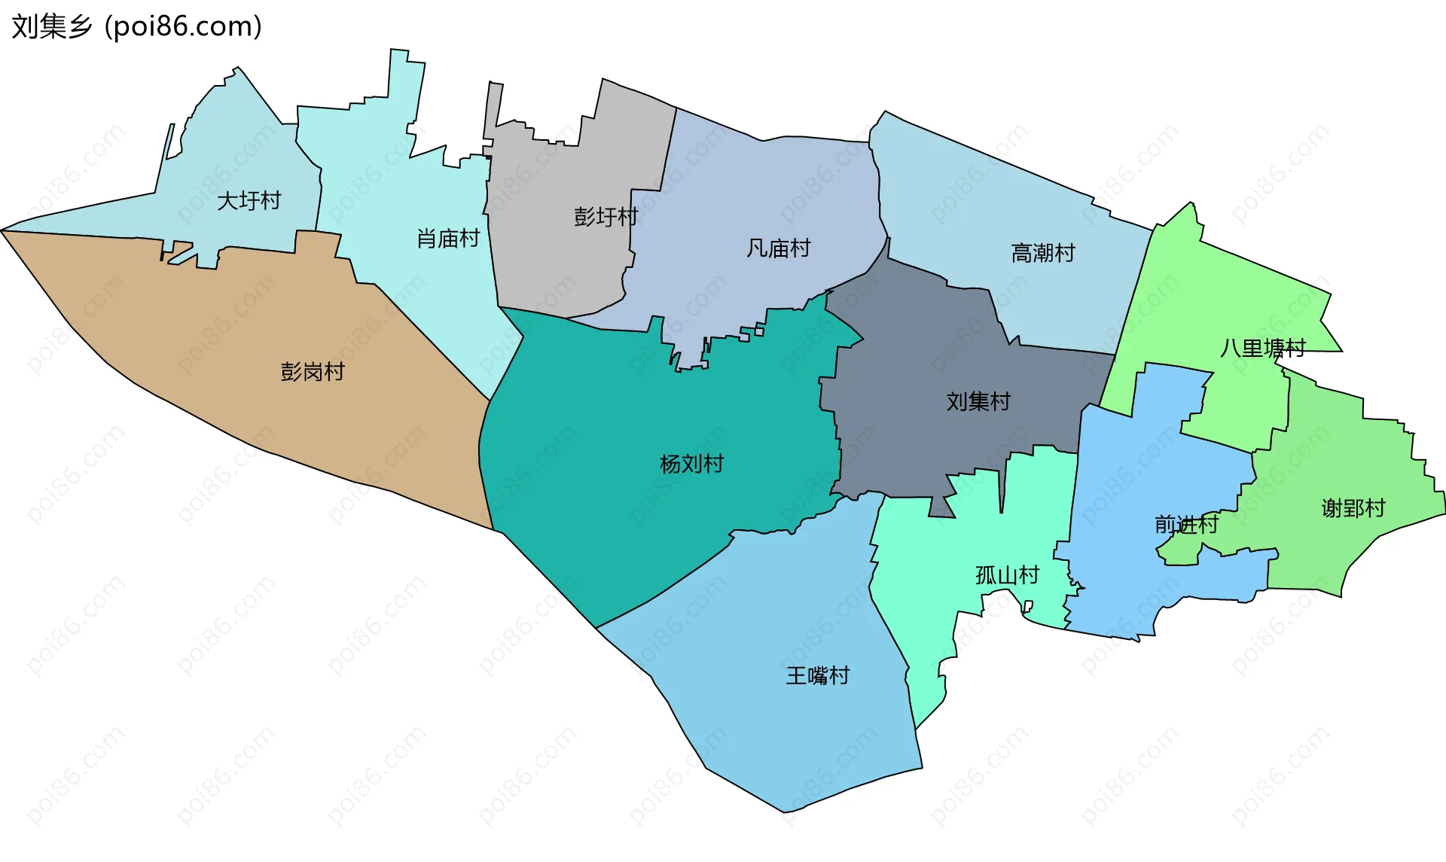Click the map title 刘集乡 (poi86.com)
[x=136, y=26]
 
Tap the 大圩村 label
[x=249, y=201]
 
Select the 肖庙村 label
[x=448, y=239]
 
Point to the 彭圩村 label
[x=606, y=217]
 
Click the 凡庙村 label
[x=778, y=248]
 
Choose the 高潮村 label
[x=1042, y=253]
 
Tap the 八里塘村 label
[x=1262, y=348]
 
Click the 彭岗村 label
[x=312, y=372]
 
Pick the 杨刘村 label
[x=691, y=464]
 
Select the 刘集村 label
[x=978, y=401]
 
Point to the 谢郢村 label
[x=1353, y=508]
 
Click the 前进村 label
[x=1186, y=524]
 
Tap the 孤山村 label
[x=1007, y=575]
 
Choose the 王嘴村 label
[x=817, y=675]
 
